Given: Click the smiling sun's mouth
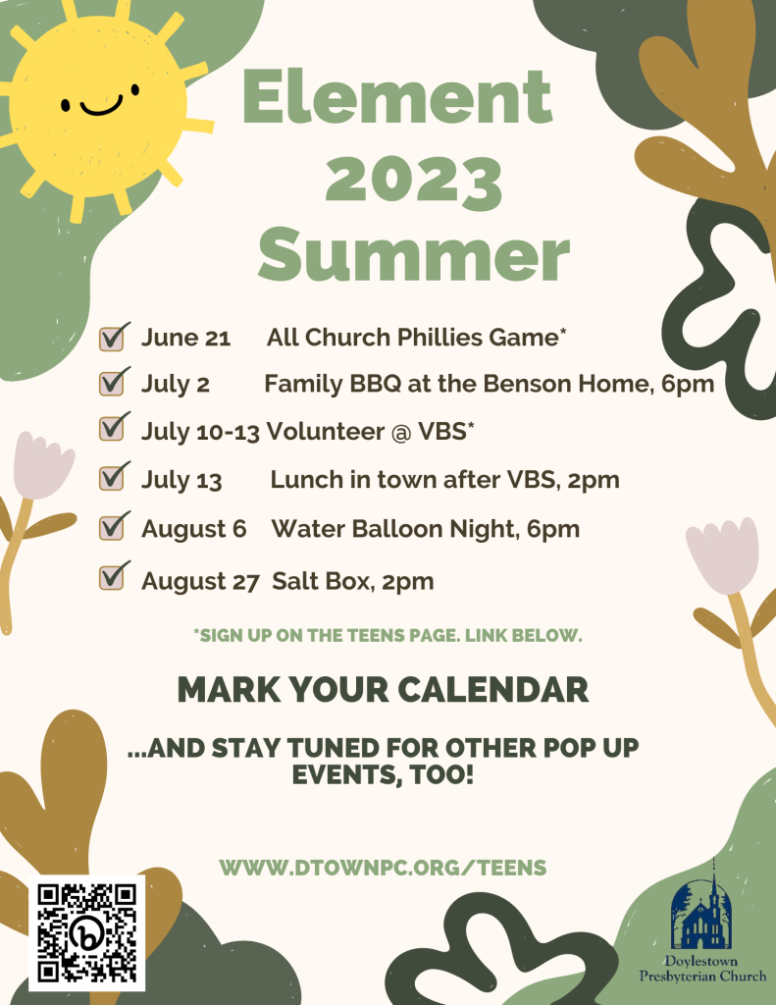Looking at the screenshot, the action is point(101,107).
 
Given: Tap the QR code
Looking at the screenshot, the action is point(86,932).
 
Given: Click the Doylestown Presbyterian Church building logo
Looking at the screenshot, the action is point(701,910).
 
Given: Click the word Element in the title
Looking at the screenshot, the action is point(397,96).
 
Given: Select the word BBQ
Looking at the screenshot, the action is point(375,384).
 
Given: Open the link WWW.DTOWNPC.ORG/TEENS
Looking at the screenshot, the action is point(383,868).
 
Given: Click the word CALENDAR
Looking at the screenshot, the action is point(492,690).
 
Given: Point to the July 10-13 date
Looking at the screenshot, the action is point(200,432).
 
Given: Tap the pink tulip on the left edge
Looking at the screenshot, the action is point(43,465).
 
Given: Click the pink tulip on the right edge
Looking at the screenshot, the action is point(723,555).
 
